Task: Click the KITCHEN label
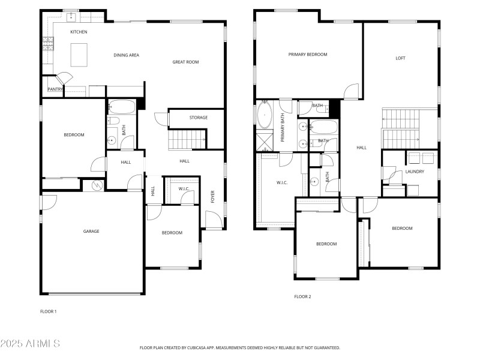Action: [79, 32]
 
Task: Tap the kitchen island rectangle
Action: [79, 55]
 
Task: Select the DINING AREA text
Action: [127, 55]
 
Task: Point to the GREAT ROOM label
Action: [185, 62]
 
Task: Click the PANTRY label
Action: [55, 89]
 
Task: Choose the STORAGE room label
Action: [199, 118]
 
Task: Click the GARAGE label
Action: [91, 231]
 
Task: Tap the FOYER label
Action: [212, 197]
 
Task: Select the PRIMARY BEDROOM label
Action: [308, 55]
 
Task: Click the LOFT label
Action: [400, 58]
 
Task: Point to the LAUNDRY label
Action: [415, 172]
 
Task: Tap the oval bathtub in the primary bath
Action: [265, 115]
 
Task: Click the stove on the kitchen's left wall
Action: [47, 43]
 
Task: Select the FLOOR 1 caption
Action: [48, 311]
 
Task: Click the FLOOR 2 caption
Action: [302, 296]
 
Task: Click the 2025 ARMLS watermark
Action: [30, 344]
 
